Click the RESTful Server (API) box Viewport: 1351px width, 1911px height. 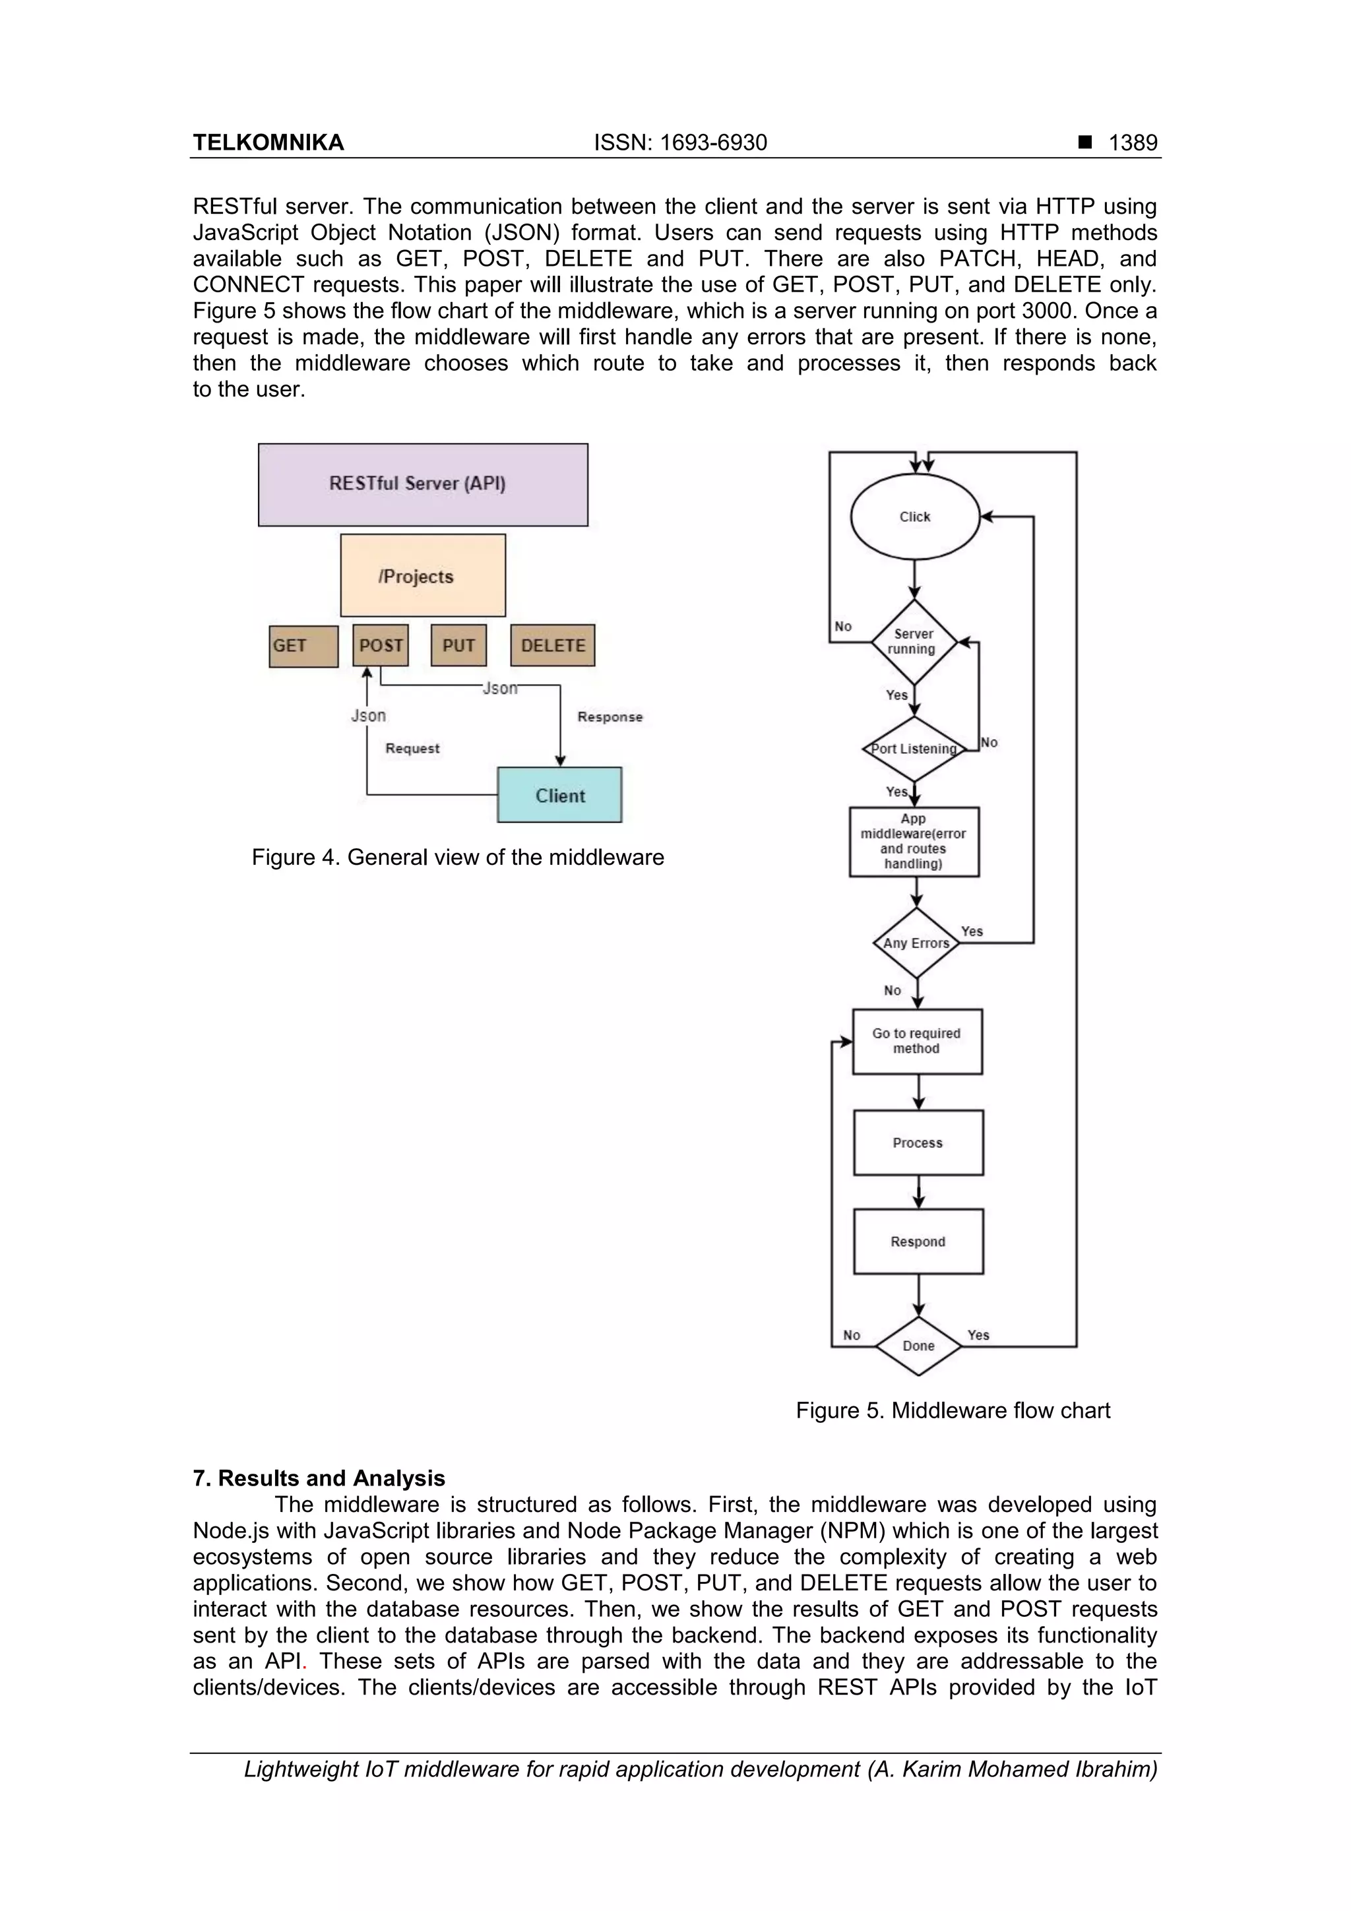(x=423, y=484)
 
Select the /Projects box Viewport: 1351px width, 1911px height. (x=423, y=576)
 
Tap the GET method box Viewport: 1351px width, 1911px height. (x=303, y=646)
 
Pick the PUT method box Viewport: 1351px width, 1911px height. (x=458, y=646)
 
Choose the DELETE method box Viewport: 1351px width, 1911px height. (x=553, y=646)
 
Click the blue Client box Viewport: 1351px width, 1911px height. (x=559, y=796)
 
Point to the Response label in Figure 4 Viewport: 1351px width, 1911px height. (x=610, y=716)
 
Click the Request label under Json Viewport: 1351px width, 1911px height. (x=412, y=748)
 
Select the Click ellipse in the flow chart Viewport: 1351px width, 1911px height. (x=915, y=517)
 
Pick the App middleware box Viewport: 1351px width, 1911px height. (x=914, y=842)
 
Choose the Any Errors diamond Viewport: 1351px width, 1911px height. (x=916, y=943)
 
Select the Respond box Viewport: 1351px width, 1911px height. (x=918, y=1242)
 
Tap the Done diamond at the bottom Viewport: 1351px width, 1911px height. (x=918, y=1346)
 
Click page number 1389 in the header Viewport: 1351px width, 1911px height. (x=1132, y=143)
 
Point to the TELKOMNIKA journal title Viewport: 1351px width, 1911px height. (x=268, y=143)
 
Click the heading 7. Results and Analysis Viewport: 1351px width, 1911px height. (x=319, y=1478)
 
